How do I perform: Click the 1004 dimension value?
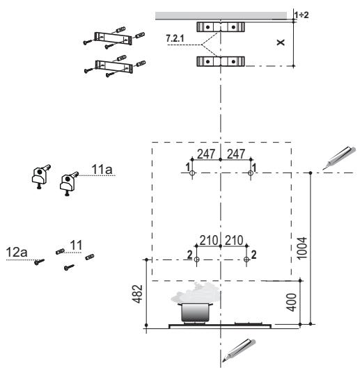(302, 248)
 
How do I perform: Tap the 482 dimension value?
(137, 294)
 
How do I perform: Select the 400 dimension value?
(291, 303)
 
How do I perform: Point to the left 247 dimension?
(206, 154)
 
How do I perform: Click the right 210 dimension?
(234, 240)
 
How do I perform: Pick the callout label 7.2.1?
(175, 38)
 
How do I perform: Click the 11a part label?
(102, 169)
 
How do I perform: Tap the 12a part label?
(17, 252)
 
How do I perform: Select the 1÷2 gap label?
(302, 15)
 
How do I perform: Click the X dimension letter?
(281, 42)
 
